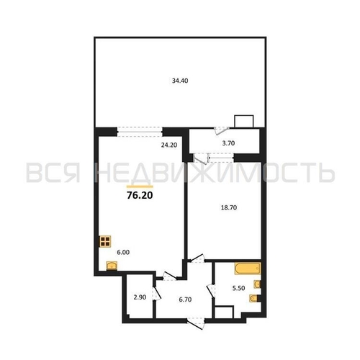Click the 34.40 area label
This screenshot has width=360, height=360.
coord(180,81)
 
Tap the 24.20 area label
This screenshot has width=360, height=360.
coord(169,145)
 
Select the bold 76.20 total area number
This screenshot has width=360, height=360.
coord(140,196)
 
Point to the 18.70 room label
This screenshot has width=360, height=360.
coord(229,207)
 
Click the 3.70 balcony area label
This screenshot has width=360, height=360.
coord(228,143)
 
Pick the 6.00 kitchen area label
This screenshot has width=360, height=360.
coord(123,252)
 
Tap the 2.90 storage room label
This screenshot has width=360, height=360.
coord(140,297)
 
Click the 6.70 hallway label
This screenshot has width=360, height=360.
coord(185,300)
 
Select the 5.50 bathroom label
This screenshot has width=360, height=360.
coord(238,288)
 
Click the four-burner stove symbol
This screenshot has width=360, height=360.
coord(105,241)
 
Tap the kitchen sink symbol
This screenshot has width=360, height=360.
coord(112,266)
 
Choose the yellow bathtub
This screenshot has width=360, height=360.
coord(248,269)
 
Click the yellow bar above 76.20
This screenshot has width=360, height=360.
coord(140,186)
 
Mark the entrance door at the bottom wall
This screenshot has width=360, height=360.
coord(196,323)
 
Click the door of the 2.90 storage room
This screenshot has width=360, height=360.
coord(156,293)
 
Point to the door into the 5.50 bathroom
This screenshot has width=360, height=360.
coord(211,291)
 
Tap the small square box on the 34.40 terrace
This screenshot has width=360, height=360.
coord(244,122)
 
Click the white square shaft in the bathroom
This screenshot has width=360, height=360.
coord(224,312)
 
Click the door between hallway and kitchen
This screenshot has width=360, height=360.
coord(170,276)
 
